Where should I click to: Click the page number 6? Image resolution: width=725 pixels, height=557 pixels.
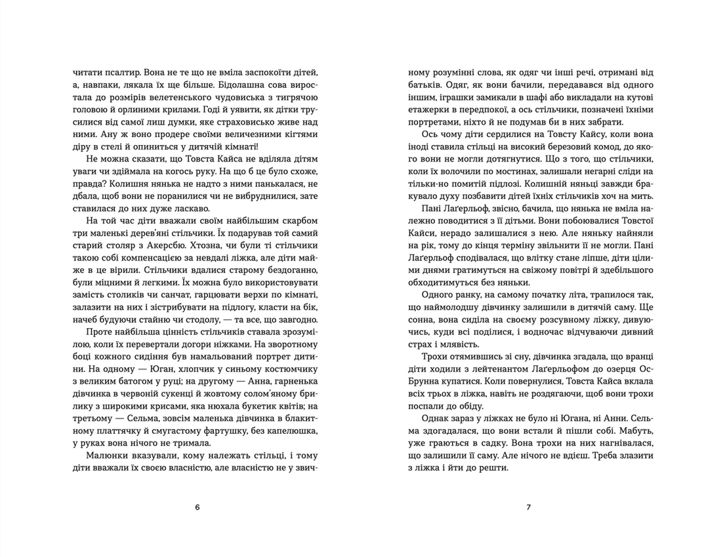197,507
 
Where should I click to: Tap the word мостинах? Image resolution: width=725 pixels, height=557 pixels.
498,184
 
